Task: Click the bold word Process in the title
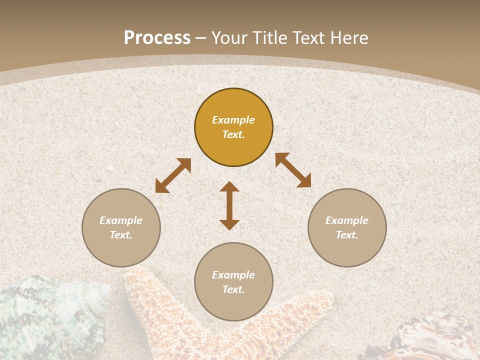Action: [157, 38]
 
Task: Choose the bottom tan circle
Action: [233, 305]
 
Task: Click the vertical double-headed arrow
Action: [229, 205]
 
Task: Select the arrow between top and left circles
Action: [173, 175]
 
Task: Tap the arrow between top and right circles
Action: [293, 170]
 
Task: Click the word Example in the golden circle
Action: [233, 120]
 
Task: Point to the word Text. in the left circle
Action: [121, 235]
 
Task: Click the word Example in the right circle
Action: [347, 220]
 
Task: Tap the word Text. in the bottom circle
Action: [233, 289]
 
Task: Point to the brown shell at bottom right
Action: [430, 335]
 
